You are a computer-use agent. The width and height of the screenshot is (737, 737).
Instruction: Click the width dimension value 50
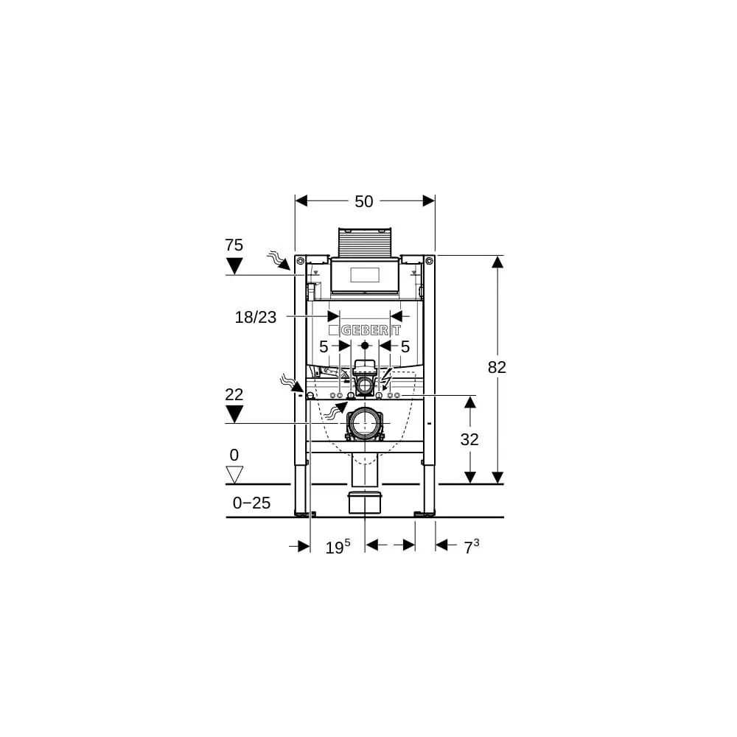364,201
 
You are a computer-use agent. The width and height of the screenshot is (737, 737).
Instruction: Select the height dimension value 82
497,367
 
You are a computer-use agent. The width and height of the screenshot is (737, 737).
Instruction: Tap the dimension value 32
469,439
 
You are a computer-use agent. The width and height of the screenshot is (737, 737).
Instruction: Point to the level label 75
234,245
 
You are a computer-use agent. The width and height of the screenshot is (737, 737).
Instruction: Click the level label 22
234,394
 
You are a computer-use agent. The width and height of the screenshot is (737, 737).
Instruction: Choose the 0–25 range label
251,503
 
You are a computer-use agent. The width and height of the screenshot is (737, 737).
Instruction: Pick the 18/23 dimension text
256,317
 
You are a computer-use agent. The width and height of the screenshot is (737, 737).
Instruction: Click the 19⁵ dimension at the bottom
338,547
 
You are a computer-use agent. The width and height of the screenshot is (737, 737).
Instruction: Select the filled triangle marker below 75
234,266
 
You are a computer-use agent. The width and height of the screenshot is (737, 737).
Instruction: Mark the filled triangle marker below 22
234,414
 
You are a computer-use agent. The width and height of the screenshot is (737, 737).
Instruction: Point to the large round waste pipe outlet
364,423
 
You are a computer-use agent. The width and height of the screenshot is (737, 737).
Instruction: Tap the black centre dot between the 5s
364,345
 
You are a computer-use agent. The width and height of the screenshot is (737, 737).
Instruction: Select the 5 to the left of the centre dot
324,346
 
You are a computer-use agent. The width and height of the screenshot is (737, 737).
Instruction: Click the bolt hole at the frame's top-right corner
429,261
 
